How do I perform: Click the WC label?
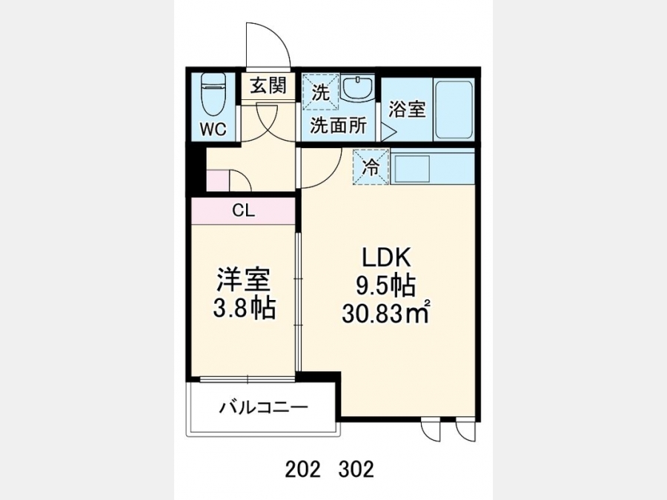tap(213, 129)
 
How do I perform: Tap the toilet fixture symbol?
tap(213, 94)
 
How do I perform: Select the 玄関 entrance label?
tap(268, 87)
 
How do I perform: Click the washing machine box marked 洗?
tap(320, 93)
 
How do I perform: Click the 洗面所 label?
tap(338, 125)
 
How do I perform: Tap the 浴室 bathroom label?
tap(407, 110)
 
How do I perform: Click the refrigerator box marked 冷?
tap(371, 167)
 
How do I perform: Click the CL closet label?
tap(243, 210)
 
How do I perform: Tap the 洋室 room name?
tap(243, 280)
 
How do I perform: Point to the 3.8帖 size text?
tap(244, 308)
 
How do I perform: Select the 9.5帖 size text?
tap(385, 286)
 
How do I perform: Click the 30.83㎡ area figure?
tap(385, 314)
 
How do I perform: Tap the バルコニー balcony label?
tap(263, 409)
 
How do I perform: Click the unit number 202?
tap(302, 470)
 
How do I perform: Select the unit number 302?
tap(356, 470)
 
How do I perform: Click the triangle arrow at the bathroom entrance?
tap(388, 132)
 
